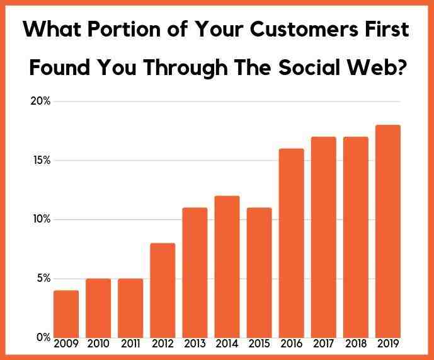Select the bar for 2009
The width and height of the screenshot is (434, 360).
coord(66,314)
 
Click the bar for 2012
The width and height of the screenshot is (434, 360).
coord(163,291)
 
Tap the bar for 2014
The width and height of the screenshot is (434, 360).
coord(227,267)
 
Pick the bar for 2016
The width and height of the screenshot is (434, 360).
coord(292,243)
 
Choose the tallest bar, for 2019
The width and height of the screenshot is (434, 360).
coord(388,231)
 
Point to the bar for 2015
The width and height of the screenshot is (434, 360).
coord(260,273)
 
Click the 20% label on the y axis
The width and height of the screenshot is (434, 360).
coord(40,101)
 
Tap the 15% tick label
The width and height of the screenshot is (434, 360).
coord(42,160)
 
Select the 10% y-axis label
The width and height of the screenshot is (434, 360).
coord(42,219)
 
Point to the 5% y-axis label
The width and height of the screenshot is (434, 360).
coord(43,278)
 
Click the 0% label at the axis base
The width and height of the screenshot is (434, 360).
coord(43,337)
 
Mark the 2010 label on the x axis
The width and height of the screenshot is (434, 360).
coord(98,344)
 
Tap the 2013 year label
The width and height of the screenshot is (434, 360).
coord(195,344)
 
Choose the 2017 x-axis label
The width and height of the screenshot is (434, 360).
coord(323,344)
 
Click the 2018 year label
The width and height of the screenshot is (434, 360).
coord(356,344)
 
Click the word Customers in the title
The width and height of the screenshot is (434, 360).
coord(304,29)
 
